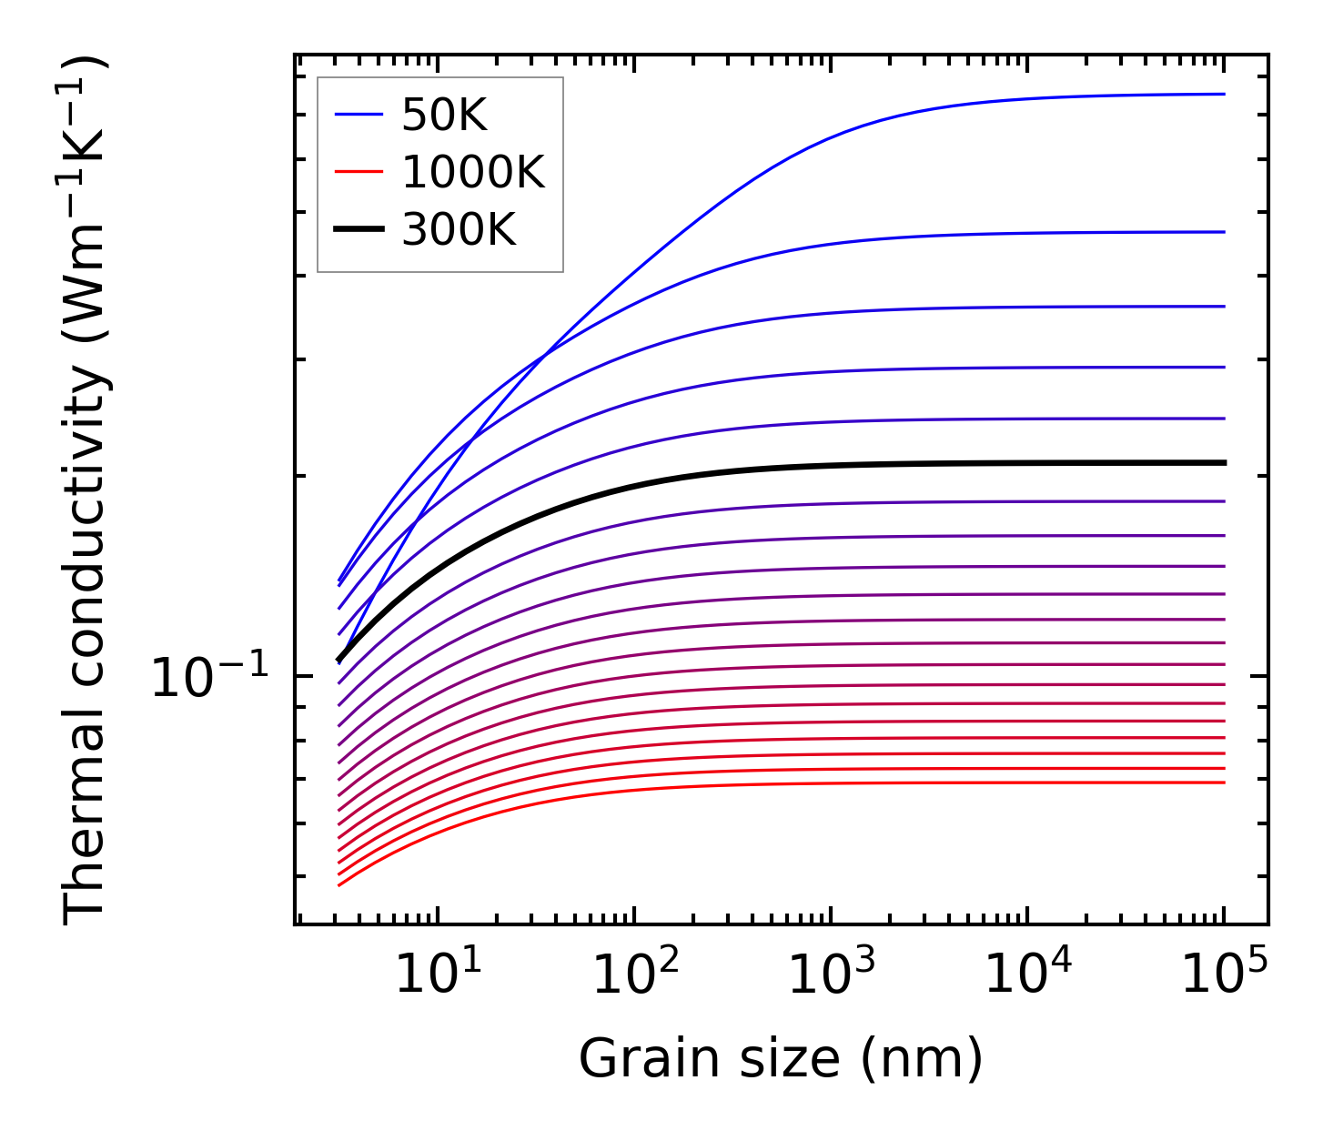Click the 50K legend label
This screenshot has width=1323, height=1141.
[444, 116]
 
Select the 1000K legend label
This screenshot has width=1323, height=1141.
[472, 173]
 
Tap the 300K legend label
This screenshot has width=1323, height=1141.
[458, 230]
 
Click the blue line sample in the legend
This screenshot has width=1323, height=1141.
[359, 115]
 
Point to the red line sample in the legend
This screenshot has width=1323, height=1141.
[359, 172]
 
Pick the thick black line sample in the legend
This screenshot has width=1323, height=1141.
[359, 229]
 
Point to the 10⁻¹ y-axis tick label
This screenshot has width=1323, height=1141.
[210, 678]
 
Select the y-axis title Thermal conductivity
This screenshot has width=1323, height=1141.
[86, 491]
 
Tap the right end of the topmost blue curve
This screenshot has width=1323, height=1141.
[1223, 94]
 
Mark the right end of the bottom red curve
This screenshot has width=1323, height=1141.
[1223, 783]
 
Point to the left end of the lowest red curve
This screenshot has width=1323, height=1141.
[339, 884]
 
